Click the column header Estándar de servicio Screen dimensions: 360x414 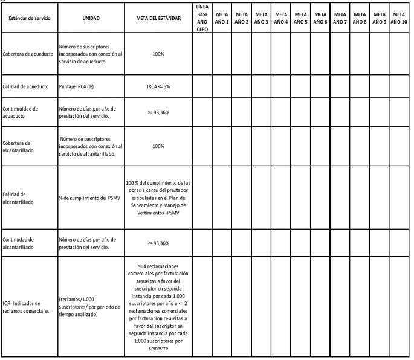30,19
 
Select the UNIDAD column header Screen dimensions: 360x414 91,19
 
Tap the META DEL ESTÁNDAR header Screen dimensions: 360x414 158,19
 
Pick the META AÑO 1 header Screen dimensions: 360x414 223,18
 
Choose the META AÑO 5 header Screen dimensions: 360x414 300,18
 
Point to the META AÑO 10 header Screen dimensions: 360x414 398,18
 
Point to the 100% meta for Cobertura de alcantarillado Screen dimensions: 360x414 158,146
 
